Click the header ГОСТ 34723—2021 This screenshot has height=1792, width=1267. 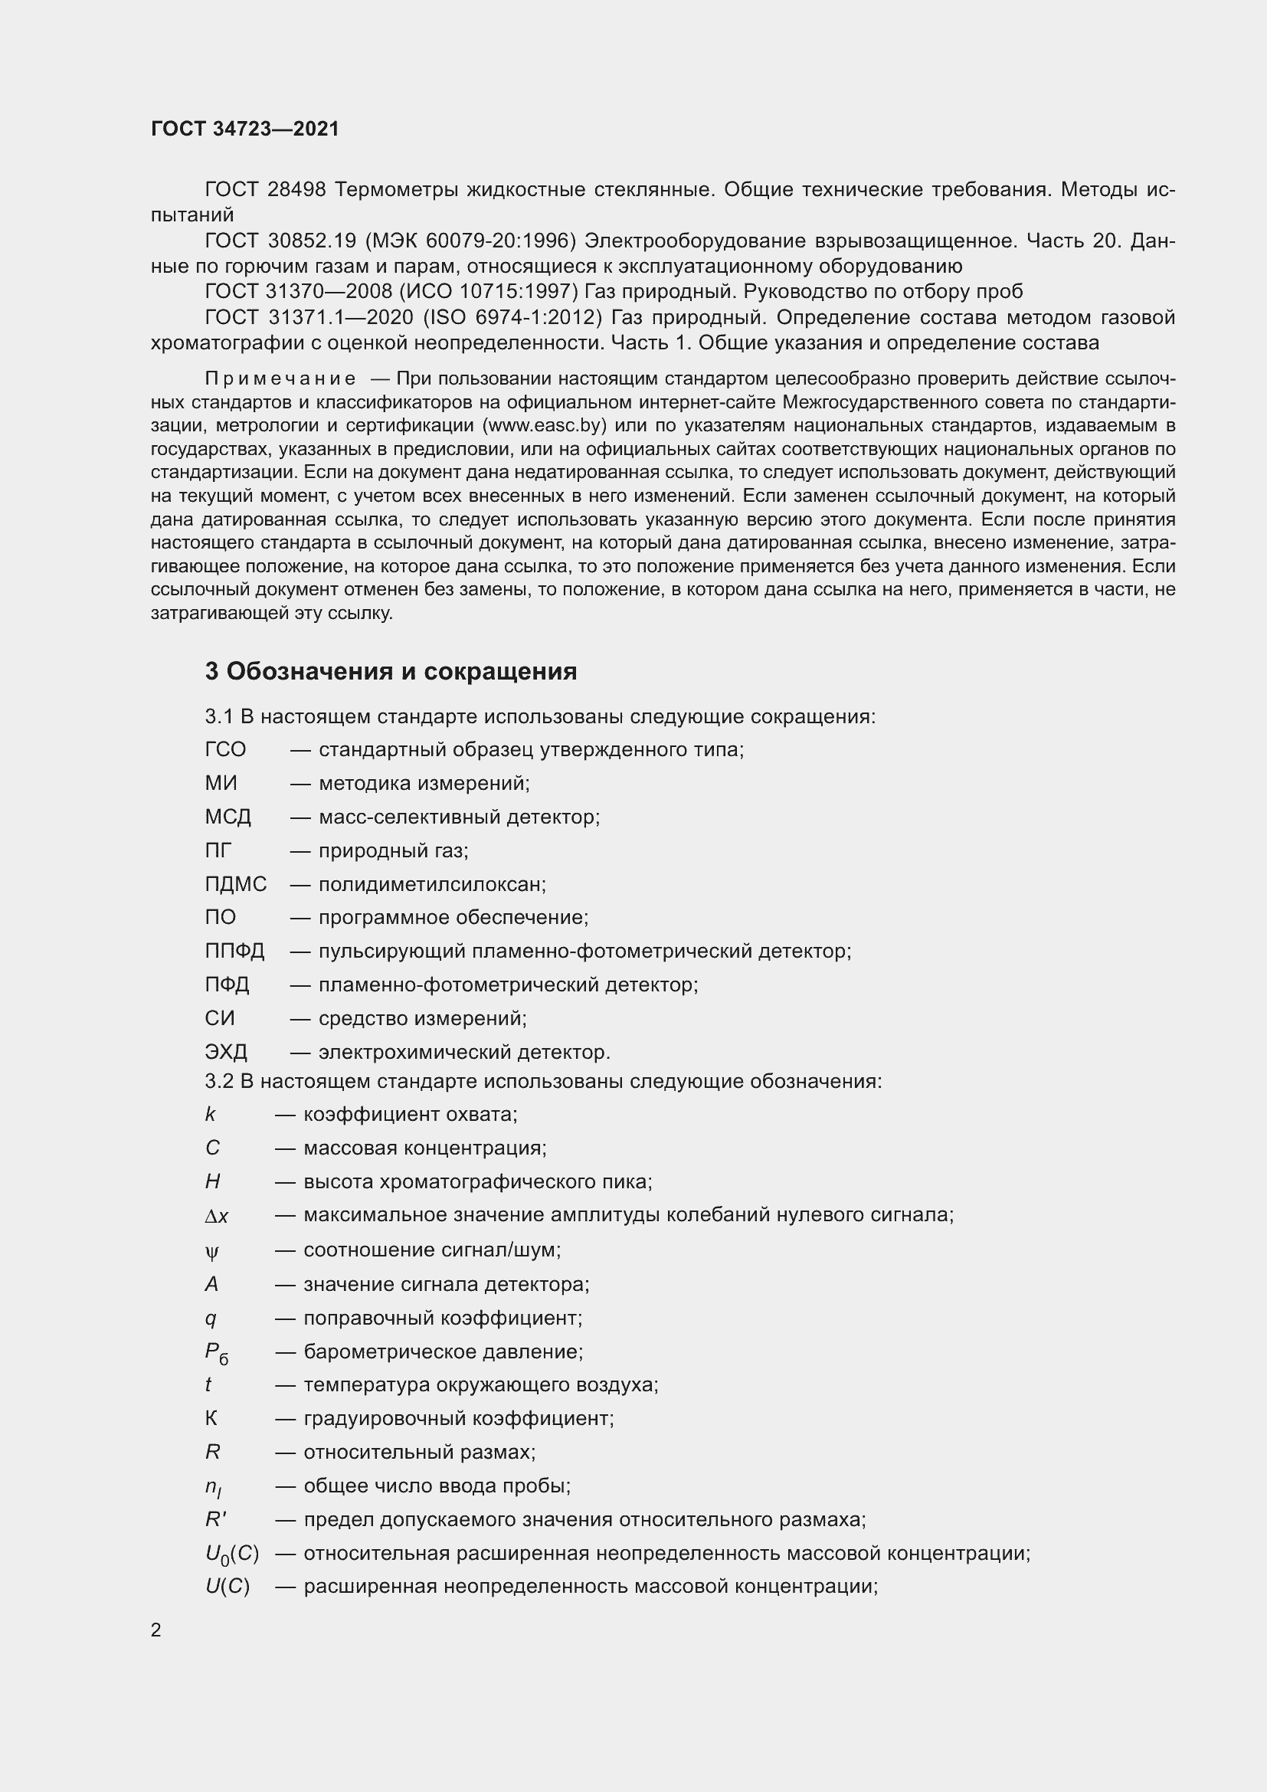(x=245, y=129)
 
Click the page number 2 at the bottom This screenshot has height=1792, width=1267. (x=156, y=1630)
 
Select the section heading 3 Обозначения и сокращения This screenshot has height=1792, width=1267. (x=391, y=671)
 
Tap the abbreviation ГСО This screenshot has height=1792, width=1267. (x=225, y=750)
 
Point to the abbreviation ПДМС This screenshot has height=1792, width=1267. (x=236, y=884)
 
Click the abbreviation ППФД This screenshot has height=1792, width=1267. (x=235, y=952)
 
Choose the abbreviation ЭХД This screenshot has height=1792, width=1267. (x=226, y=1052)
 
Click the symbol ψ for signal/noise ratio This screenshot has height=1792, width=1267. (x=212, y=1252)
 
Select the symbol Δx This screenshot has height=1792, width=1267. (x=217, y=1216)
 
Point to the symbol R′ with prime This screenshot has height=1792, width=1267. (x=215, y=1519)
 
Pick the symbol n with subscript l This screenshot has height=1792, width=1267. (x=213, y=1488)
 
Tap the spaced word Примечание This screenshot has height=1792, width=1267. (x=280, y=379)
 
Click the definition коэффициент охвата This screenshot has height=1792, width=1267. (x=411, y=1115)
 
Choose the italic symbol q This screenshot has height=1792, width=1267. (x=211, y=1319)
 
